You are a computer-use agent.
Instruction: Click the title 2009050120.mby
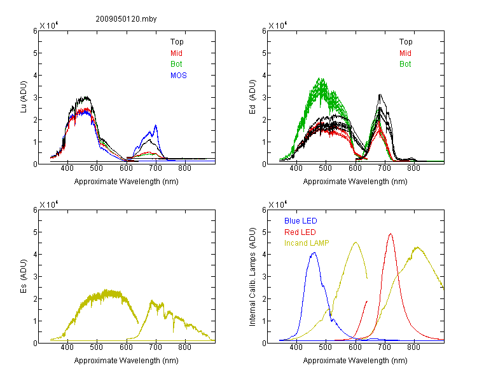[126, 19]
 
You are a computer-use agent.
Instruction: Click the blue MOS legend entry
[179, 76]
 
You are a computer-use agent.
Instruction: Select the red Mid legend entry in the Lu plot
[176, 53]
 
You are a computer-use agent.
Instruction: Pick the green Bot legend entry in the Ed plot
[405, 64]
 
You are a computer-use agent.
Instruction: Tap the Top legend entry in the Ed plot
[406, 42]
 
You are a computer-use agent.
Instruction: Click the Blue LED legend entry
[301, 221]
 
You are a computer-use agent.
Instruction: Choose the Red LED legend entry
[300, 232]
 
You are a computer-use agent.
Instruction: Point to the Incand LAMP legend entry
[307, 243]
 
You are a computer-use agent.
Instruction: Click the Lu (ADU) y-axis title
[24, 97]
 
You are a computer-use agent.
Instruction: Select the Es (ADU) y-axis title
[24, 276]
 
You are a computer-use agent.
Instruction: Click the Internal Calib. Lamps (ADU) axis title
[252, 277]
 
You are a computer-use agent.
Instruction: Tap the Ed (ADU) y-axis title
[252, 97]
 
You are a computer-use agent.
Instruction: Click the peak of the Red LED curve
[391, 234]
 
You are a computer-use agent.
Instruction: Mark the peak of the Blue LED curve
[315, 253]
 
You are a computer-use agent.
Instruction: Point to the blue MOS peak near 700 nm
[156, 125]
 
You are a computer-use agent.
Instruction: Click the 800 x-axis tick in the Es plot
[185, 347]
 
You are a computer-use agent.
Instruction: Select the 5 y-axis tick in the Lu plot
[35, 53]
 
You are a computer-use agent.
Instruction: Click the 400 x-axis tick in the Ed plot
[296, 168]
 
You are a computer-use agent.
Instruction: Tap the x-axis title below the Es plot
[127, 361]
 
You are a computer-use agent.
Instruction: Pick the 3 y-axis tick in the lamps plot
[264, 277]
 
